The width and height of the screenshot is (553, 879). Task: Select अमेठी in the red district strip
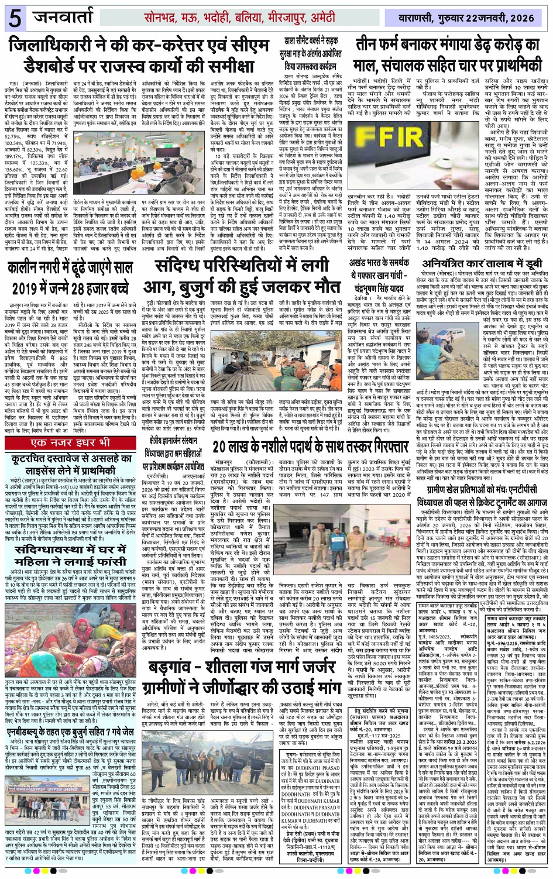pos(323,18)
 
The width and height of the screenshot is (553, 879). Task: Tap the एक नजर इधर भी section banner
pos(72,442)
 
